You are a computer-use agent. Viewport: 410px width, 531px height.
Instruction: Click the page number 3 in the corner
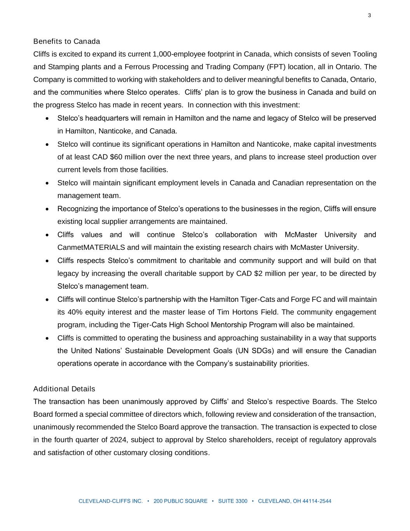point(369,16)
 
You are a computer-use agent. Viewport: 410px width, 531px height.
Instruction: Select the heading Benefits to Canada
point(66,41)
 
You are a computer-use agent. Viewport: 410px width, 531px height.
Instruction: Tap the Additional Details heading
point(64,389)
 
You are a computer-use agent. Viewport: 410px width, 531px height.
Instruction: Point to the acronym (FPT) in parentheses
point(278,67)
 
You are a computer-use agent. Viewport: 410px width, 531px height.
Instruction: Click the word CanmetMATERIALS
point(91,247)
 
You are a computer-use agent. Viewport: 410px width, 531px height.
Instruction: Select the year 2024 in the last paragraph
point(118,440)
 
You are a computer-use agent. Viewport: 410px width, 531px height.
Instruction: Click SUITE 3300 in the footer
point(232,501)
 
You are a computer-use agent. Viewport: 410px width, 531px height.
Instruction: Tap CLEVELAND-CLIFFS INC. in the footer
point(111,501)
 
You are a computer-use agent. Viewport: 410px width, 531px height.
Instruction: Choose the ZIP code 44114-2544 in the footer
point(316,501)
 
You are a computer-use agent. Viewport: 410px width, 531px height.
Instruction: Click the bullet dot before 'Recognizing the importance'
point(47,209)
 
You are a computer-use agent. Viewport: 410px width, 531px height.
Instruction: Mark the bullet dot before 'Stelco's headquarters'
point(47,118)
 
